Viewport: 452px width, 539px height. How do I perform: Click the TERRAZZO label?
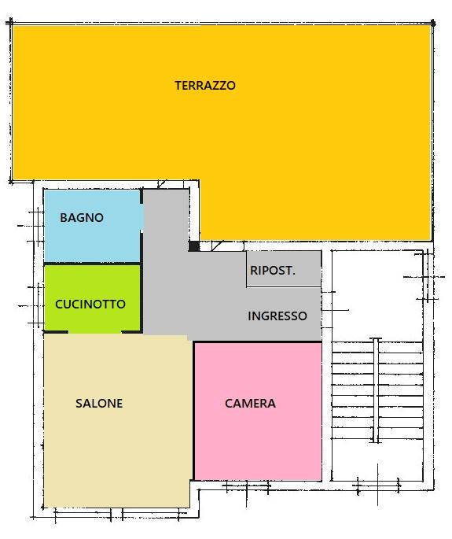pyautogui.click(x=205, y=85)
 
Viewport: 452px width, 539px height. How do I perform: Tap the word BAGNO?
pyautogui.click(x=82, y=218)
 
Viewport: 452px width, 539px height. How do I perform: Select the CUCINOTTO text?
pyautogui.click(x=90, y=305)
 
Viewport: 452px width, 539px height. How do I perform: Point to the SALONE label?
pyautogui.click(x=99, y=403)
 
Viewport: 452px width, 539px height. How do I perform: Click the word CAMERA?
pyautogui.click(x=251, y=403)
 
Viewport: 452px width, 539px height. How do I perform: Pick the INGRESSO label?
pyautogui.click(x=277, y=316)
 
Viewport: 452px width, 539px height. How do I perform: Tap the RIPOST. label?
pyautogui.click(x=273, y=271)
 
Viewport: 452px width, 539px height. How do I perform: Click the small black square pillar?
pyautogui.click(x=194, y=246)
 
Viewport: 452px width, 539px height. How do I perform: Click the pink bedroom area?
pyautogui.click(x=258, y=411)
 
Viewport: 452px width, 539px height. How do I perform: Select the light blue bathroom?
pyautogui.click(x=93, y=226)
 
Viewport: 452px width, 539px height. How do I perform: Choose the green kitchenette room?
pyautogui.click(x=93, y=298)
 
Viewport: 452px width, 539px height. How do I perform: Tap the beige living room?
pyautogui.click(x=117, y=420)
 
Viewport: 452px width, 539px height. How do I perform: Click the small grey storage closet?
pyautogui.click(x=284, y=268)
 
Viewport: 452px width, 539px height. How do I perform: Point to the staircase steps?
pyautogui.click(x=377, y=390)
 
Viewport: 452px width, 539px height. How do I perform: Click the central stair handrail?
pyautogui.click(x=377, y=390)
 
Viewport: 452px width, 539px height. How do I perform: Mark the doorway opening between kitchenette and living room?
pyautogui.click(x=95, y=332)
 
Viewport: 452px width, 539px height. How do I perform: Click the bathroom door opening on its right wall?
pyautogui.click(x=141, y=218)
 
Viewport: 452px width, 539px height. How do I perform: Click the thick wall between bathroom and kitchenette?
pyautogui.click(x=92, y=264)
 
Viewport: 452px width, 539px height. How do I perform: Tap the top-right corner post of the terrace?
pyautogui.click(x=433, y=24)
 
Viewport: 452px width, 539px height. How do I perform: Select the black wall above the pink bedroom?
pyautogui.click(x=258, y=341)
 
